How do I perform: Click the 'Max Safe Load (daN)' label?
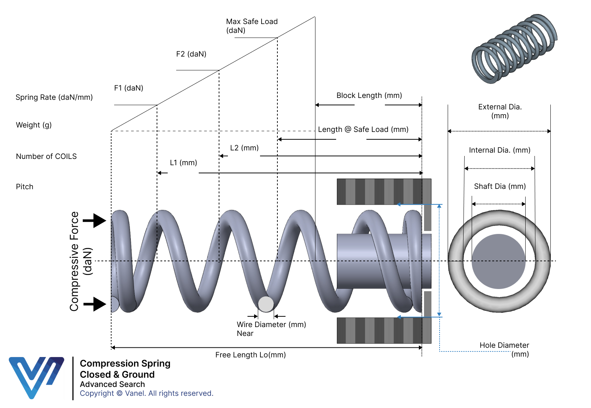[252, 26]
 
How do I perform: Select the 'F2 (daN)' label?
[191, 54]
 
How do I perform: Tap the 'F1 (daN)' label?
[129, 88]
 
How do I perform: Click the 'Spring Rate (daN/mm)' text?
[54, 97]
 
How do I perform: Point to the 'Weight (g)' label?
[34, 125]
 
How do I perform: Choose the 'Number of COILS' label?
[46, 156]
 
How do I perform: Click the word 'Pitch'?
[24, 187]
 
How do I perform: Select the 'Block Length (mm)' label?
[369, 95]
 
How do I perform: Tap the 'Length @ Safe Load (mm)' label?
[363, 129]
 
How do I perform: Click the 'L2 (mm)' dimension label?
[244, 148]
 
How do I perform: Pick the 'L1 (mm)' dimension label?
[183, 163]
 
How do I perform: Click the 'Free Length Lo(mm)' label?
[250, 355]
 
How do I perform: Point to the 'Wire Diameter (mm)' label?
[271, 324]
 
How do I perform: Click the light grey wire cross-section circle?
[266, 304]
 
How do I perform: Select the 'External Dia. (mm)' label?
[500, 111]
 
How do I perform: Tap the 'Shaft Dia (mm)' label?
[500, 186]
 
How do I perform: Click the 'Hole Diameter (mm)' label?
[504, 349]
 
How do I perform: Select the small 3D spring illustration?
[515, 49]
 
